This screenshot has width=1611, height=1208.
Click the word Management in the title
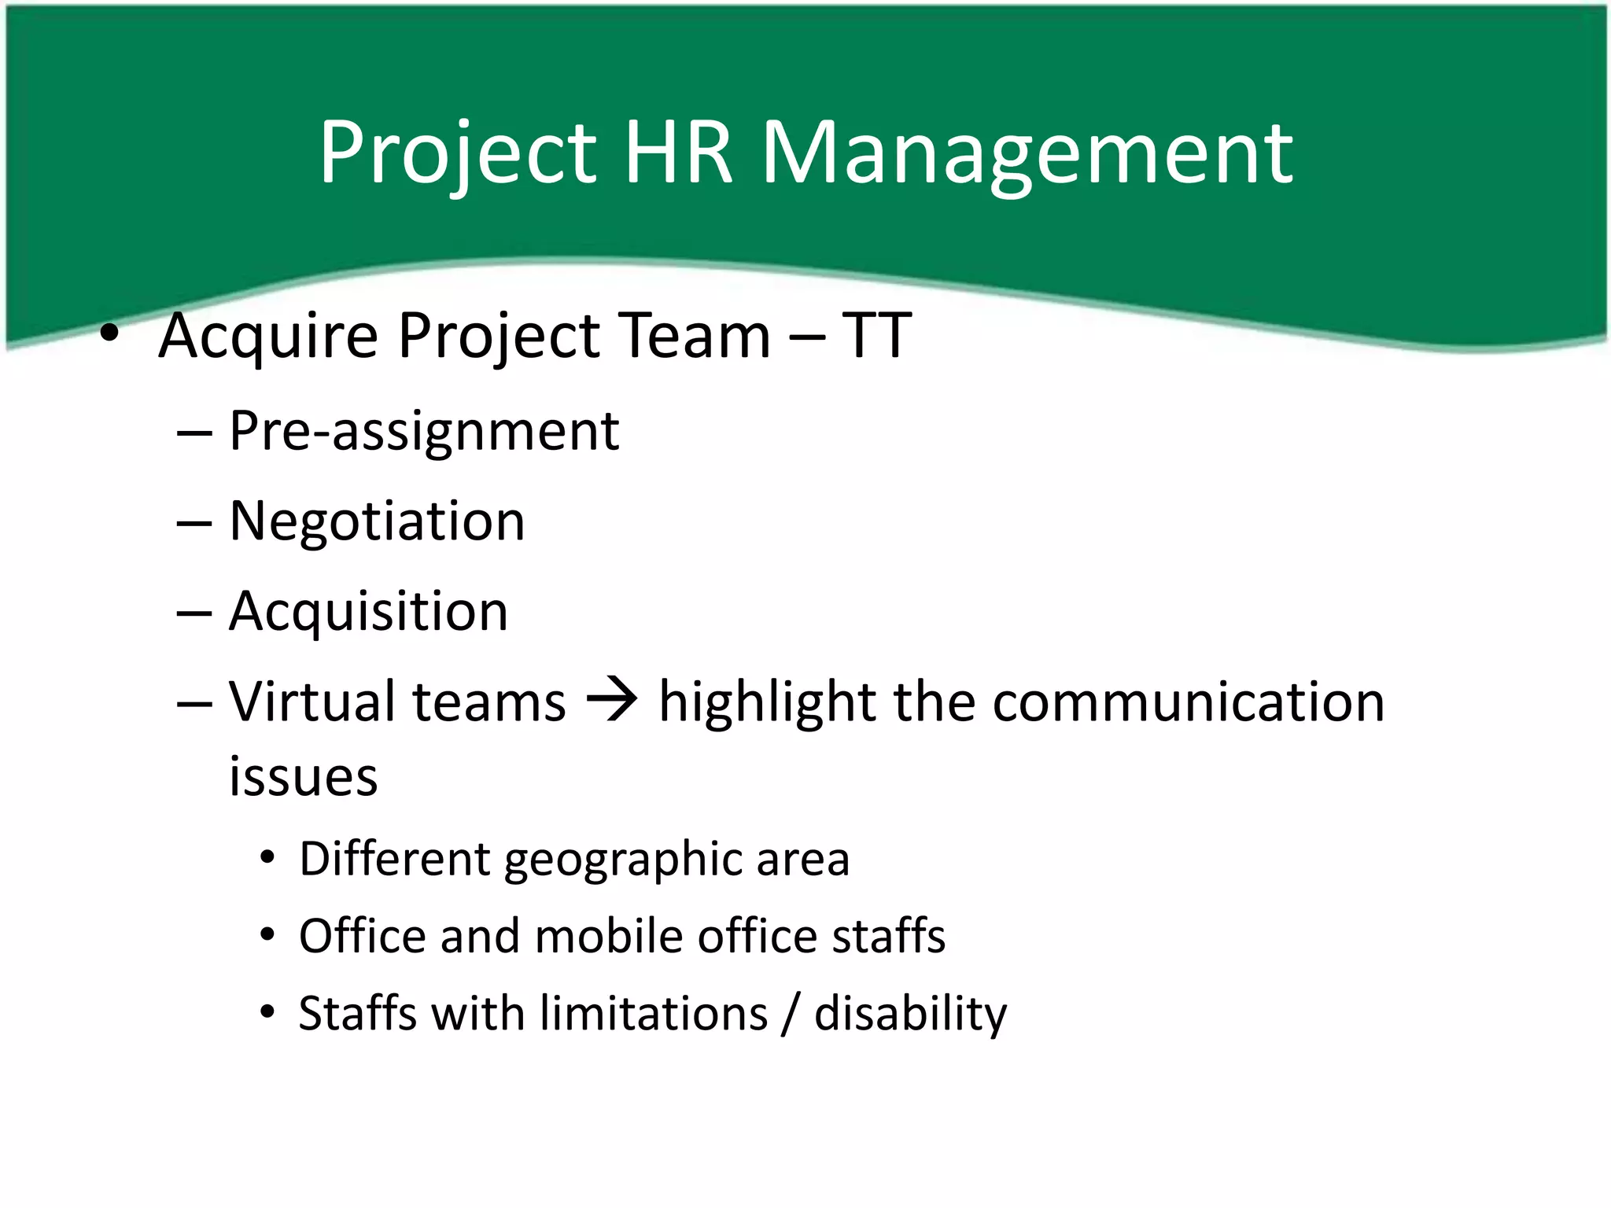click(x=1027, y=153)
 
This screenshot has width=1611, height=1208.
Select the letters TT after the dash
click(x=876, y=336)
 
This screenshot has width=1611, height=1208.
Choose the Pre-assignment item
click(x=424, y=433)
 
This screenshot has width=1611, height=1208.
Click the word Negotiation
click(x=377, y=521)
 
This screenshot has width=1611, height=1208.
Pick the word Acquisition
click(x=368, y=613)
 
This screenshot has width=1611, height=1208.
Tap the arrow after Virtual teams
click(x=612, y=701)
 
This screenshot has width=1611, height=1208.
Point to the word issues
click(x=303, y=776)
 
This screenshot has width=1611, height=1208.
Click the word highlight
click(x=767, y=702)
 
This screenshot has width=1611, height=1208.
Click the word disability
click(x=910, y=1015)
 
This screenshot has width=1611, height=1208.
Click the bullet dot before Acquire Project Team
click(x=109, y=333)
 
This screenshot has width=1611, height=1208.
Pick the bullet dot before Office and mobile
click(x=268, y=935)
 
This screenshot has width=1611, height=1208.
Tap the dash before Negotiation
click(x=194, y=521)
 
